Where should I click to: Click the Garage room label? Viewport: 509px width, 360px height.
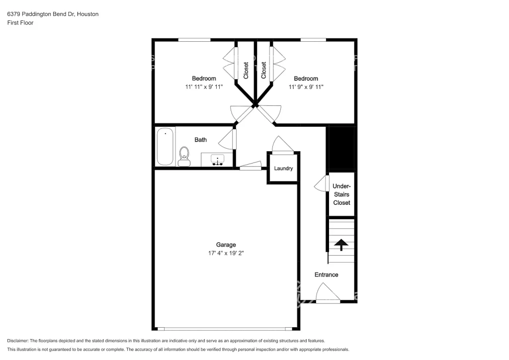(226, 245)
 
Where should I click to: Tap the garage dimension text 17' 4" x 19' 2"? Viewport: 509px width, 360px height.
(226, 253)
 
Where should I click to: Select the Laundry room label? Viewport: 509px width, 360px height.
(283, 168)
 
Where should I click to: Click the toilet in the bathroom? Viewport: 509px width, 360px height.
(184, 157)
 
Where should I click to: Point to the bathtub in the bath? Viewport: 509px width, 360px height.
(165, 147)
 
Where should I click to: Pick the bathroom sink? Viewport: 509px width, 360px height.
(217, 160)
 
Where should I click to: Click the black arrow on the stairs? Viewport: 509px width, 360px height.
(341, 245)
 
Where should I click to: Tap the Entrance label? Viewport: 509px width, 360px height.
(326, 274)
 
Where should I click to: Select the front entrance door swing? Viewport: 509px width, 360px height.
(328, 294)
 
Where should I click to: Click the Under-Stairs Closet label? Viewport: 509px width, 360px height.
(341, 194)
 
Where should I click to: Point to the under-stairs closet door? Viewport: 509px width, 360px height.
(322, 184)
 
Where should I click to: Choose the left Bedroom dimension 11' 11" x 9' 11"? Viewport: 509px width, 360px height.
(204, 87)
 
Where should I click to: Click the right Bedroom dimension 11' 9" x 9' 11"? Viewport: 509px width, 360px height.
(306, 87)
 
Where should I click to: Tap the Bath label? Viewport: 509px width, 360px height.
(201, 140)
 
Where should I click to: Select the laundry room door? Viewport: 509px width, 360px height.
(283, 145)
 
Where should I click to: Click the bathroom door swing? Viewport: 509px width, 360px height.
(227, 140)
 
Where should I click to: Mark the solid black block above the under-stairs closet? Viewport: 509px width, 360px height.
(341, 148)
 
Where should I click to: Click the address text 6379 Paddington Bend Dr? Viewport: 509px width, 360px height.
(41, 14)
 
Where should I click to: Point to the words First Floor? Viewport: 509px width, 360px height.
(20, 23)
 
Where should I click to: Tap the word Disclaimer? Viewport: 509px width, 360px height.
(17, 341)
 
